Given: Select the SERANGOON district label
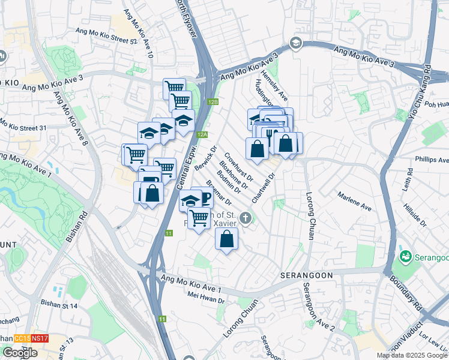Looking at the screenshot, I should pyautogui.click(x=303, y=274).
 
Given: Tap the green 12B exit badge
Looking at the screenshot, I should pyautogui.click(x=213, y=102).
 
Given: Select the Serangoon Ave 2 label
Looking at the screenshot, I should pyautogui.click(x=317, y=311).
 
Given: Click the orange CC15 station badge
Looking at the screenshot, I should pyautogui.click(x=23, y=338).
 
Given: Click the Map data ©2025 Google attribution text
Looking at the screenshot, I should pyautogui.click(x=412, y=355).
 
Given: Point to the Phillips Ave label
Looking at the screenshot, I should pyautogui.click(x=432, y=160).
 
